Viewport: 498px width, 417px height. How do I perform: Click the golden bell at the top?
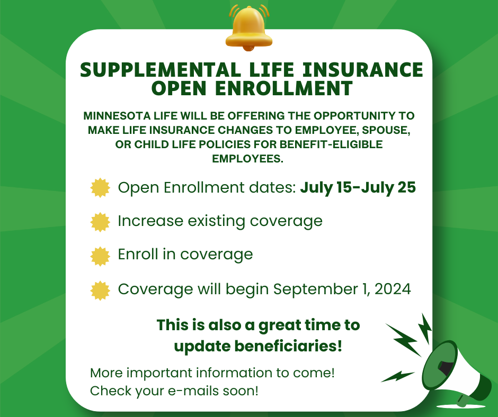[x=249, y=28]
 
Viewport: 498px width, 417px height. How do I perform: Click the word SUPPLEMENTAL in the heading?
[x=161, y=70]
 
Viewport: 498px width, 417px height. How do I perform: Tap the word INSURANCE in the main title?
[x=363, y=70]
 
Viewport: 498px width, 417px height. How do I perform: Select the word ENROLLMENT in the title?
[x=284, y=88]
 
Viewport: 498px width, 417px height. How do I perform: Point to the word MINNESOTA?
[x=117, y=116]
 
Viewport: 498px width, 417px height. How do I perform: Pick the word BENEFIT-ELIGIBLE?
[x=331, y=144]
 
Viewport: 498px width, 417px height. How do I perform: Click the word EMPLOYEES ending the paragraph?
[x=248, y=159]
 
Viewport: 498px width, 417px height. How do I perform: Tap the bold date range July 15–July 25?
[x=358, y=187]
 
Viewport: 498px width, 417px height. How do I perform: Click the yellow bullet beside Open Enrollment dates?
[x=100, y=187]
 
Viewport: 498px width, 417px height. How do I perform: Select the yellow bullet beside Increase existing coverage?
[x=100, y=222]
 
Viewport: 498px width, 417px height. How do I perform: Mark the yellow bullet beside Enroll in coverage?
[x=100, y=256]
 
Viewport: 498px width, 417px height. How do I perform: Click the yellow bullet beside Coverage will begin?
[x=100, y=291]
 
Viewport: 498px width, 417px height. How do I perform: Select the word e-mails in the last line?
[x=193, y=391]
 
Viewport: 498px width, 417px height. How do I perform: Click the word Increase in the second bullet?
[x=150, y=221]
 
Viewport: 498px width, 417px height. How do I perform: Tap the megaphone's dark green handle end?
[x=461, y=401]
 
